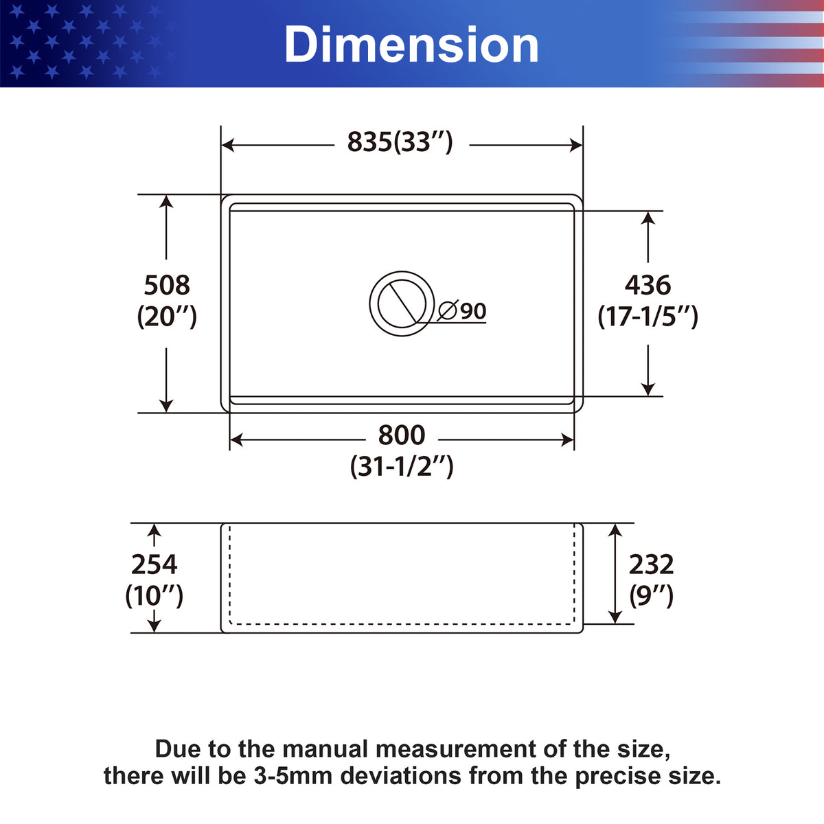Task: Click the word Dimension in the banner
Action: tap(411, 45)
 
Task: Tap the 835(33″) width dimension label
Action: tap(400, 142)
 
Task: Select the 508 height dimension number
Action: tap(167, 285)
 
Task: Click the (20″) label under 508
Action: tap(167, 317)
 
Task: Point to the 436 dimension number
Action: tap(648, 285)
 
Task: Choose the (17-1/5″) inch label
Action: tap(648, 317)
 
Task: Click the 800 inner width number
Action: tap(402, 435)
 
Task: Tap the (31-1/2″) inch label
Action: tap(402, 466)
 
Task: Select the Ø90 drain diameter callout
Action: tap(462, 311)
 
